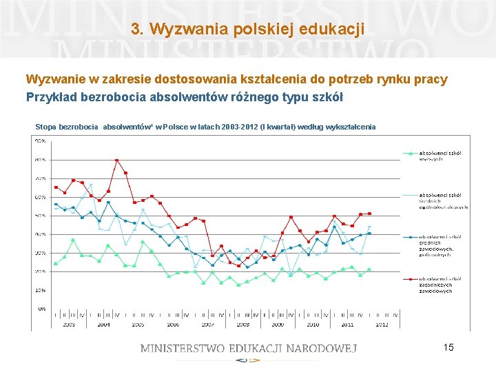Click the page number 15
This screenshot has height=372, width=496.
(x=448, y=347)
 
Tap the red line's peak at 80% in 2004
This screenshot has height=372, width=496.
(x=117, y=161)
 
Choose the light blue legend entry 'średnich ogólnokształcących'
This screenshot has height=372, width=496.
(x=443, y=200)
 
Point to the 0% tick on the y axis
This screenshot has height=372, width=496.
(x=42, y=309)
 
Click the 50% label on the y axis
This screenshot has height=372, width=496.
(x=41, y=216)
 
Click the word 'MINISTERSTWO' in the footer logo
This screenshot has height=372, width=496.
(x=185, y=348)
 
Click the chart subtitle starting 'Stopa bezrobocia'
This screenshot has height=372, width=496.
(x=205, y=127)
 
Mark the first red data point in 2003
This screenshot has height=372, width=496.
(x=56, y=187)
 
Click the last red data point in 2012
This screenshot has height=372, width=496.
(x=369, y=214)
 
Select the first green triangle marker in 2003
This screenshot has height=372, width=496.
(x=56, y=263)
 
